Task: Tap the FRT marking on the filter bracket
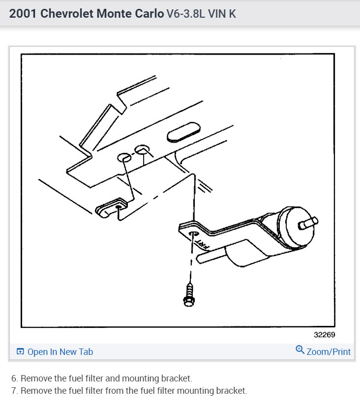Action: tap(201, 242)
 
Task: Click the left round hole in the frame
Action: tap(124, 158)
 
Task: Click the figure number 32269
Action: tap(325, 334)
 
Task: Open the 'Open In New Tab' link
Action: tap(60, 351)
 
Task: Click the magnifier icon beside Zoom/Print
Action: tap(300, 350)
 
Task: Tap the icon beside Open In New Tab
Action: tap(20, 351)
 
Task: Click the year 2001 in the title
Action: tap(23, 13)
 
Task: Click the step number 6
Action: tap(14, 379)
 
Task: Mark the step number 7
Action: tap(14, 391)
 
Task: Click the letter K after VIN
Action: tap(232, 13)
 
